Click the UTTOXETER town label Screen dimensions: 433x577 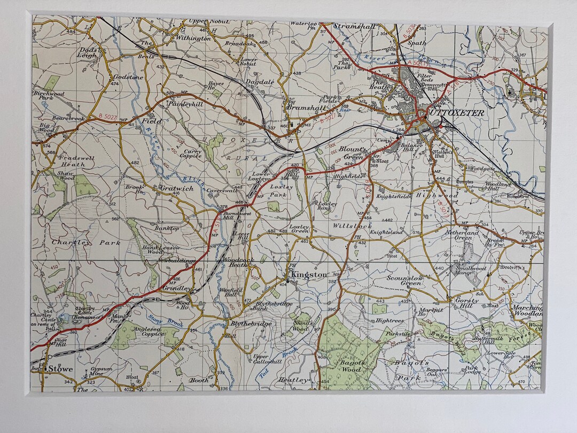click(x=457, y=113)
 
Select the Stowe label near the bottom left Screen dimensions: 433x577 click(x=60, y=368)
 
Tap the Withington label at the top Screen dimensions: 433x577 click(x=193, y=38)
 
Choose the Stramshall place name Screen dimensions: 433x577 click(x=355, y=26)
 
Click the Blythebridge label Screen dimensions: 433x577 click(x=251, y=323)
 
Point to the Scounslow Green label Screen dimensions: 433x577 click(x=406, y=280)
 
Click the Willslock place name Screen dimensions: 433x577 click(x=352, y=226)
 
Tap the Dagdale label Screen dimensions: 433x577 click(x=260, y=82)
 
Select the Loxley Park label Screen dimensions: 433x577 click(x=281, y=191)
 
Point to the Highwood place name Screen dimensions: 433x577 click(x=437, y=196)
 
